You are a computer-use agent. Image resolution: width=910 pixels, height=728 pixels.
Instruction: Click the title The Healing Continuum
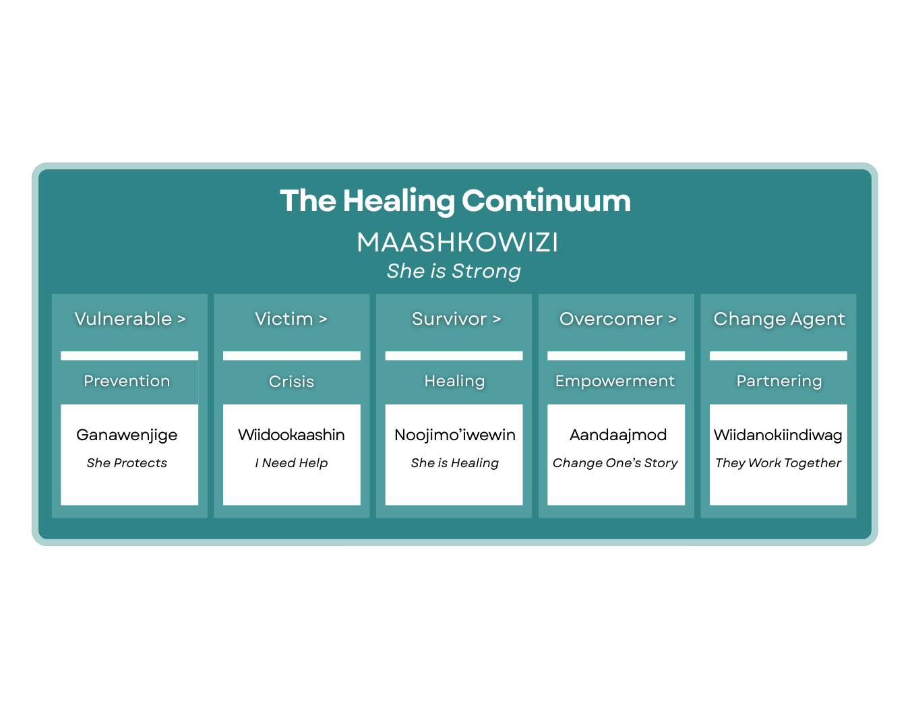(455, 201)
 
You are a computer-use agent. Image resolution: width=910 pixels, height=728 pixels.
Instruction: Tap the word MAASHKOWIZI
(457, 243)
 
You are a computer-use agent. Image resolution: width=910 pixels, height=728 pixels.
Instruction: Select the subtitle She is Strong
(454, 271)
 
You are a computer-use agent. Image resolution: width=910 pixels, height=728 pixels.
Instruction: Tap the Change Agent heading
(779, 319)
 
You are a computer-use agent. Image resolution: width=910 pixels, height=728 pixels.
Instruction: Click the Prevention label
(127, 381)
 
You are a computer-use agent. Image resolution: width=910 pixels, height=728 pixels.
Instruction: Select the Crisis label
(291, 382)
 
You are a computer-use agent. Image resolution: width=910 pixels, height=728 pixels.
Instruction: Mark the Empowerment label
(615, 381)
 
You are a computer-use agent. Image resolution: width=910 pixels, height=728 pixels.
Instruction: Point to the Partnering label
(779, 381)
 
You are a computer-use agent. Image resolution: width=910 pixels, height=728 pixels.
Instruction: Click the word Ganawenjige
(127, 435)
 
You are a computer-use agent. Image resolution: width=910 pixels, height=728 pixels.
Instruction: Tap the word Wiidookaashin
(291, 435)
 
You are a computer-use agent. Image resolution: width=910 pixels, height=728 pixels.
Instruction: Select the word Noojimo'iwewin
(454, 435)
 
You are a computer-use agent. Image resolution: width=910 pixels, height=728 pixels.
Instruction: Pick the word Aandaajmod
(617, 435)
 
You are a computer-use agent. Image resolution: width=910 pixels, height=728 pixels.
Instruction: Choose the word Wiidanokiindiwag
(778, 435)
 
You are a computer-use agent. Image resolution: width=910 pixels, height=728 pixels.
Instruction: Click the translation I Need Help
(291, 463)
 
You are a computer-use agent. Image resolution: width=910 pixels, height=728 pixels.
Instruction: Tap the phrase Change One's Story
(615, 463)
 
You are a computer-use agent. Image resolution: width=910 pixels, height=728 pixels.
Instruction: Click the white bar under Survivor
(454, 355)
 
